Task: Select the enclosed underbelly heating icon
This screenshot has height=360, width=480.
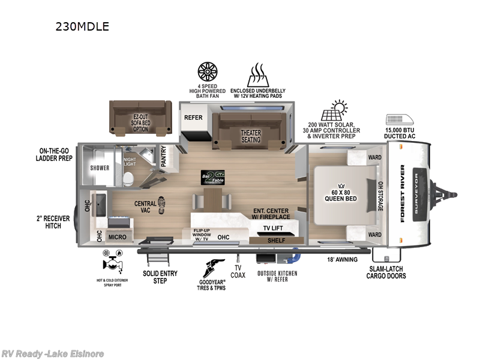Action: (257, 75)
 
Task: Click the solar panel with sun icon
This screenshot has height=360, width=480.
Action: (334, 111)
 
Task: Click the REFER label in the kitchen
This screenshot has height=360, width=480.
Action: (193, 118)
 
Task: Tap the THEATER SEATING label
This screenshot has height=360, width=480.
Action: (251, 136)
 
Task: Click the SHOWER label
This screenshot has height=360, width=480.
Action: (100, 168)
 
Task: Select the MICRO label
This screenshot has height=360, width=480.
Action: (117, 237)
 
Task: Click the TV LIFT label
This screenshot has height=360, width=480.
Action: (273, 229)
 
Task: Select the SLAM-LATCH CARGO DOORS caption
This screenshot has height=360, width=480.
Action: (387, 272)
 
